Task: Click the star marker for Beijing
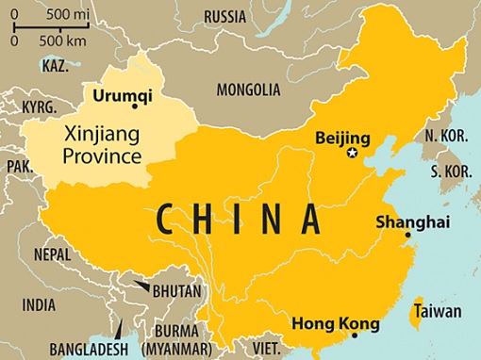[352, 153]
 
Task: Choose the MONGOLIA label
[248, 90]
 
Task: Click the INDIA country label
[39, 304]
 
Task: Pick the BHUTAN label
[175, 291]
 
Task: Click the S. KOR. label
[449, 172]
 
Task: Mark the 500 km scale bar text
[64, 41]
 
